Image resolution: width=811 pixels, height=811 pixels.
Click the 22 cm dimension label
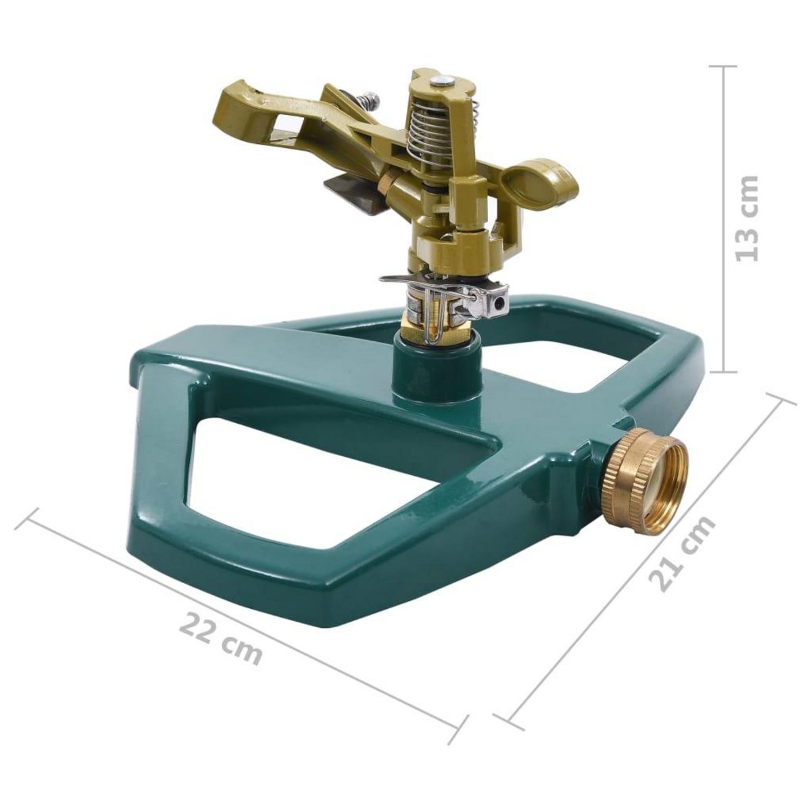tap(220, 641)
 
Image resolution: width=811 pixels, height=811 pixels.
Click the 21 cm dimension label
tap(681, 554)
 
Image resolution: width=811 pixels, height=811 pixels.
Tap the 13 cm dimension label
tap(747, 218)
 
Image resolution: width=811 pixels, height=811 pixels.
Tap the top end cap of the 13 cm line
tap(724, 67)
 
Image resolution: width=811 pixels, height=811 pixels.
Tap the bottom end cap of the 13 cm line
tap(724, 370)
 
